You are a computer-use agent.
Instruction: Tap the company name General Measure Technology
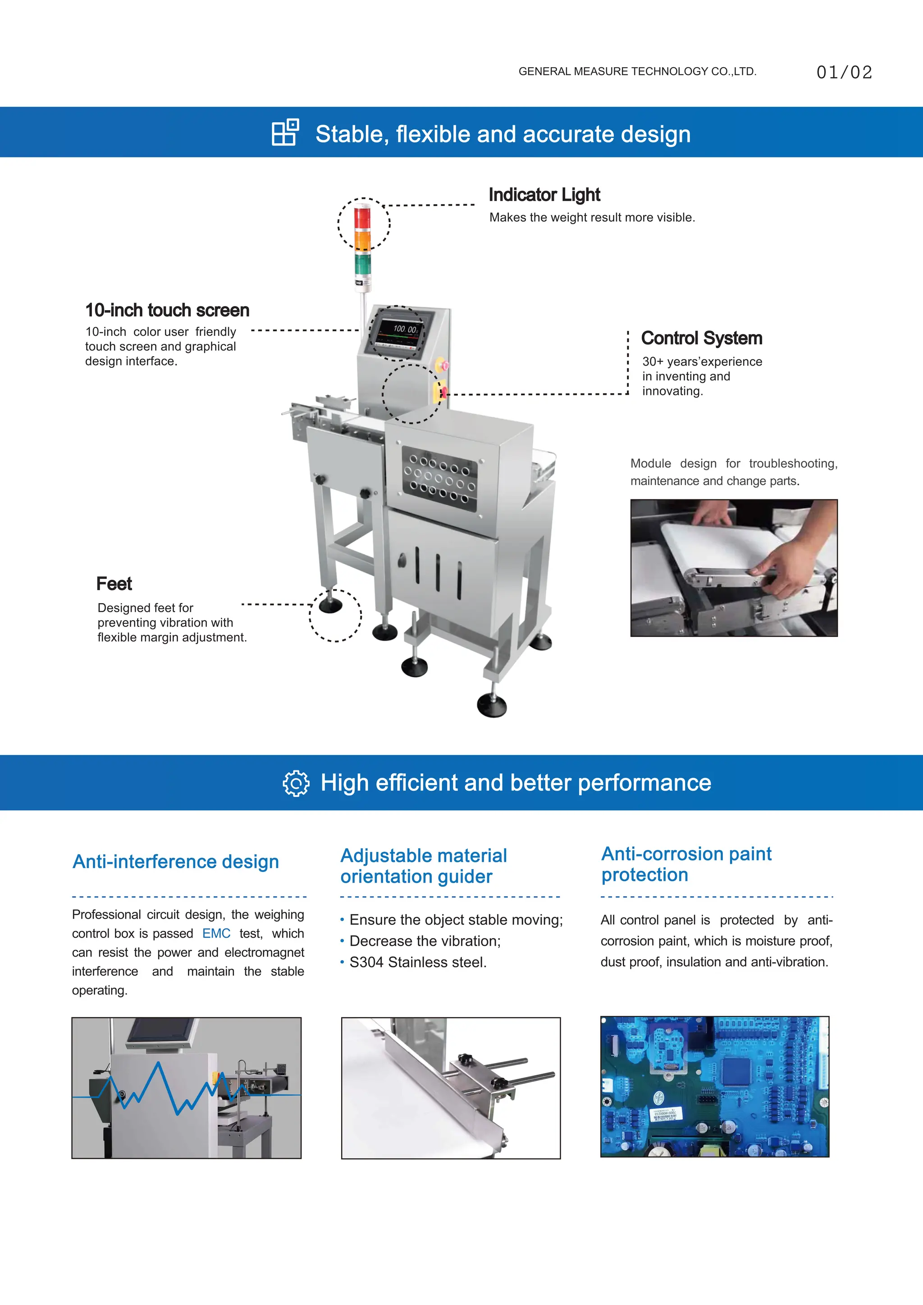(637, 72)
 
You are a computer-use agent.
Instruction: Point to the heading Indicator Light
(544, 195)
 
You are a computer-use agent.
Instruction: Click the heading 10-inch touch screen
(167, 310)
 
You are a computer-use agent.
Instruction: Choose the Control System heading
(701, 338)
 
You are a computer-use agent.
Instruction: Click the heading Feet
(114, 584)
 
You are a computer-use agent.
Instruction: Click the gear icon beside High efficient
(296, 783)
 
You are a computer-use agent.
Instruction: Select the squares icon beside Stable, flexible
(285, 133)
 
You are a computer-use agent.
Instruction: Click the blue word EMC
(216, 933)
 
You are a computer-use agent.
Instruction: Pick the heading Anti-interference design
(176, 862)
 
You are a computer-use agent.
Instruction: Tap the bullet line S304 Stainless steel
(418, 962)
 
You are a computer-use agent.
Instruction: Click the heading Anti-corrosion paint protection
(686, 864)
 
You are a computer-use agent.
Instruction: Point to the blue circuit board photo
(714, 1087)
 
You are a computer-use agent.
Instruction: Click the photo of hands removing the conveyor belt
(733, 568)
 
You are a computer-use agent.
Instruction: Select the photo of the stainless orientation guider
(450, 1088)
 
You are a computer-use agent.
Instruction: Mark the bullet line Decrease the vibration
(425, 941)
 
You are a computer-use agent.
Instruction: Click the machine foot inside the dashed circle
(331, 605)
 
